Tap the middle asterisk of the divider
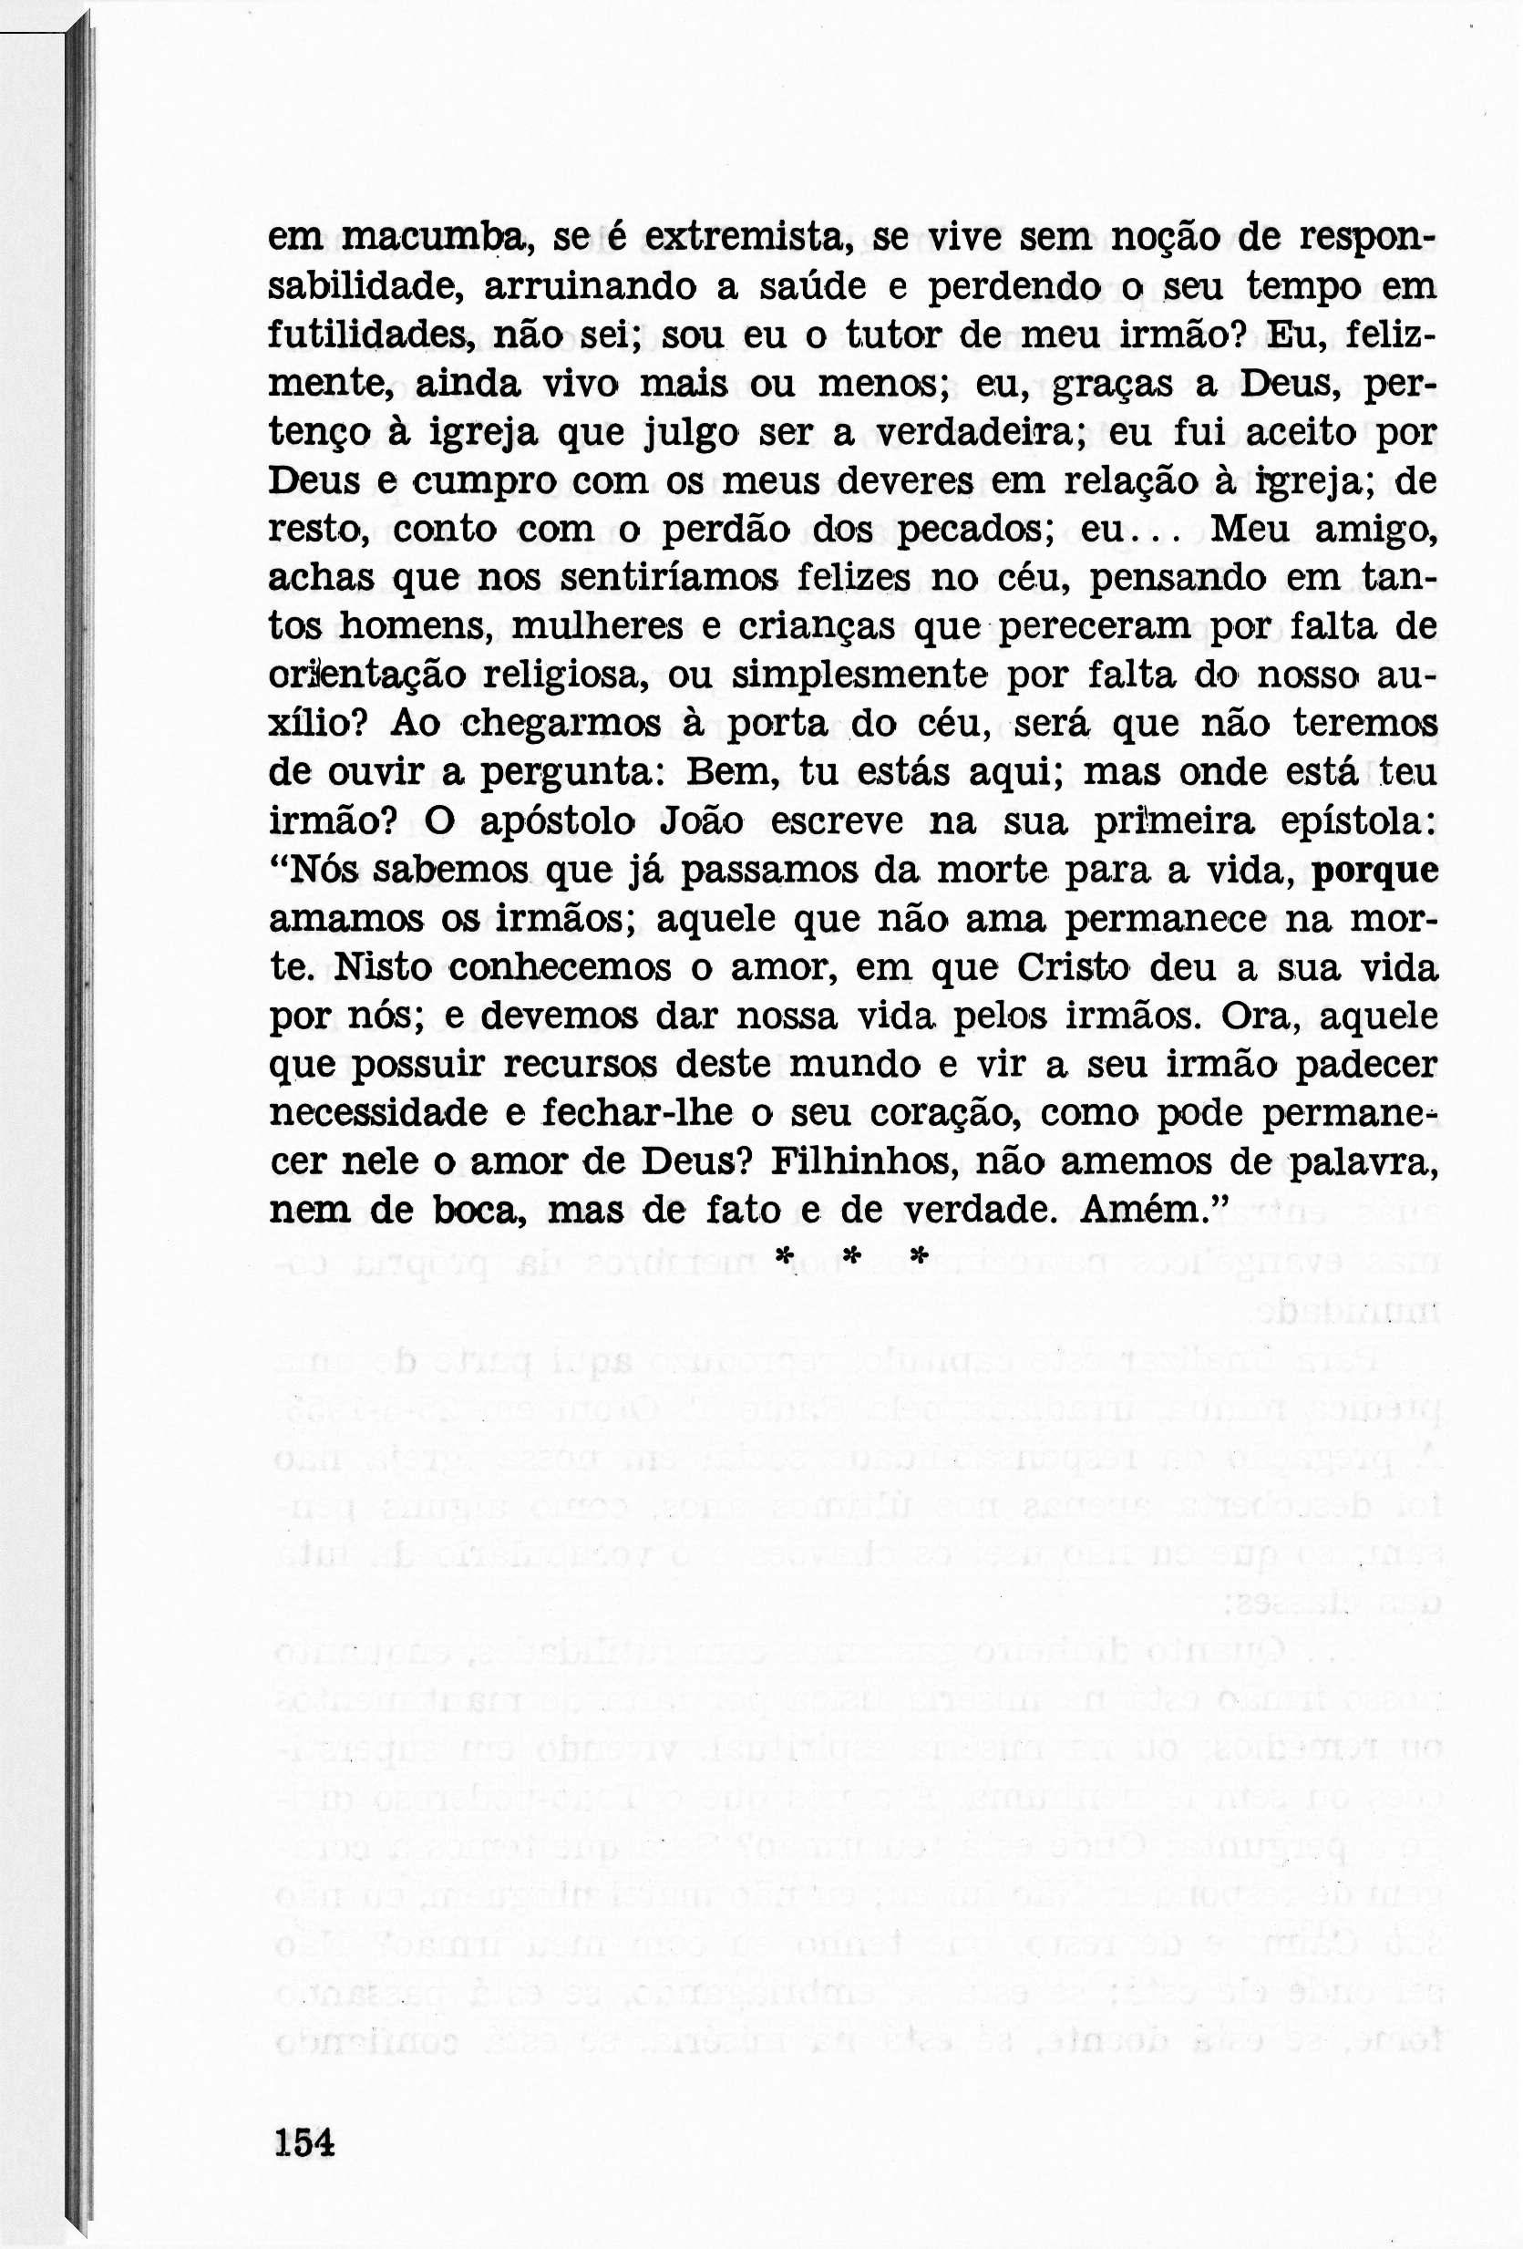coord(851,1257)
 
